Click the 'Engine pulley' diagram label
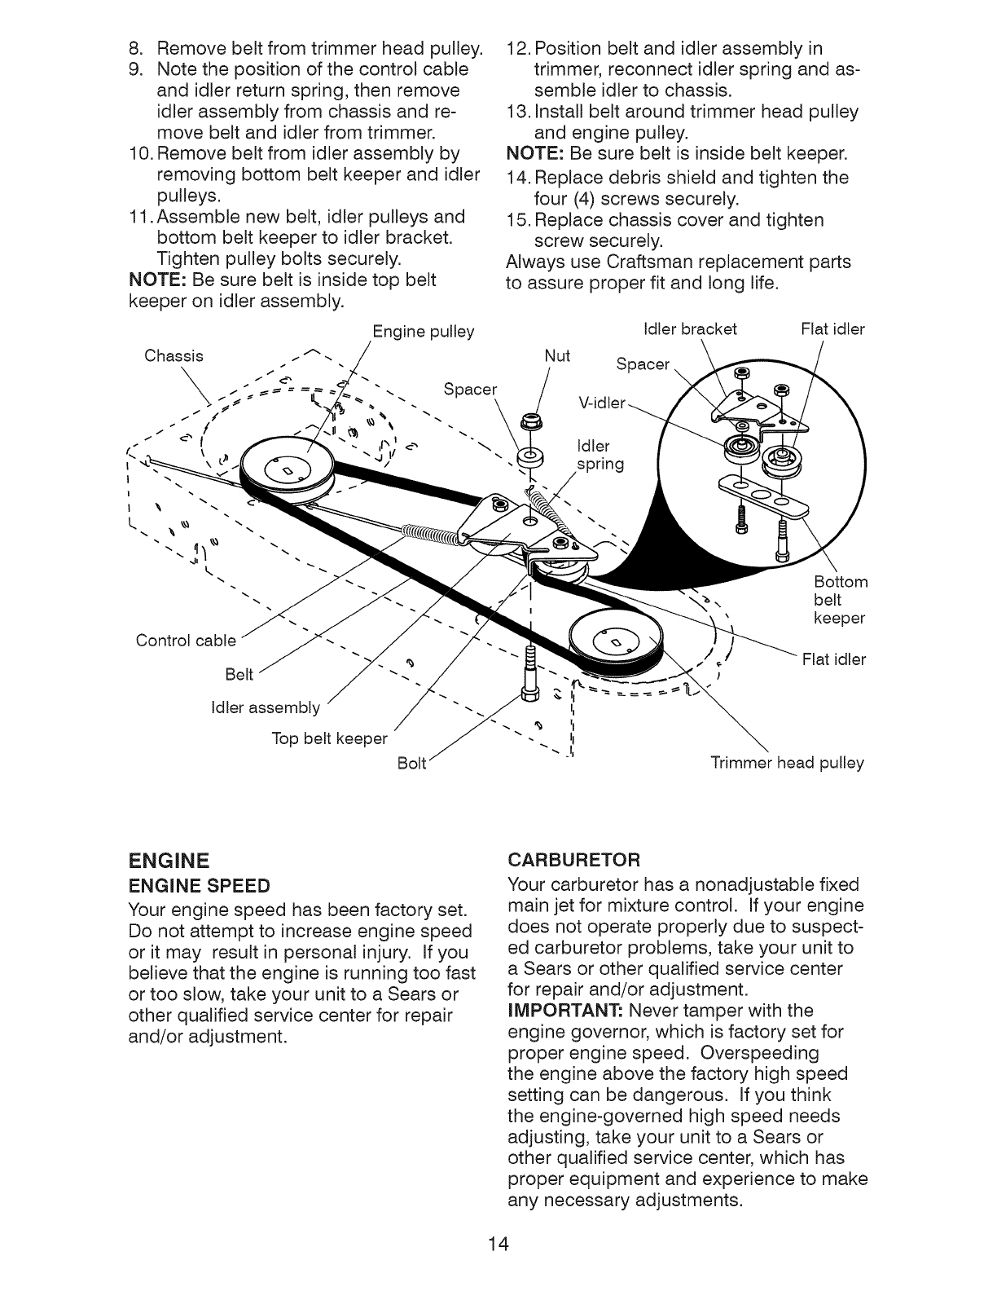click(423, 333)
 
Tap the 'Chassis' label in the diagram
click(173, 356)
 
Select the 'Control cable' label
click(186, 640)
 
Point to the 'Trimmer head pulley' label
click(787, 763)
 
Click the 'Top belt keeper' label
click(330, 738)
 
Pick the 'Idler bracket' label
click(690, 328)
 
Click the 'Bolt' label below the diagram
click(411, 764)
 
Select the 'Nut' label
click(557, 355)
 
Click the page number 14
click(498, 1244)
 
